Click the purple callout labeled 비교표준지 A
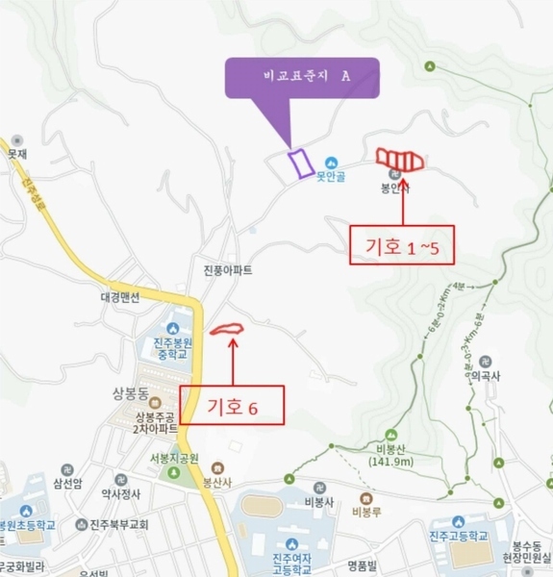point(302,77)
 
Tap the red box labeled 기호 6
point(233,406)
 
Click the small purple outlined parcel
point(300,163)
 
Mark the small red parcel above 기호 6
point(227,330)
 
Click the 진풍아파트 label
point(228,271)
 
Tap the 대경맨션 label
point(119,297)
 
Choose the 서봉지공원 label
point(173,458)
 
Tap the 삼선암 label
point(70,484)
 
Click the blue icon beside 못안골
point(331,162)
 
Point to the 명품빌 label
point(366,564)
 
